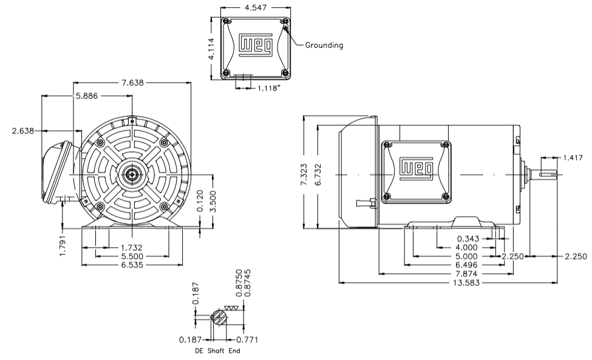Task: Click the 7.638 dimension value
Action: [134, 83]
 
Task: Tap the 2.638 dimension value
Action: [24, 130]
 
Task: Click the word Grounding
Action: [324, 45]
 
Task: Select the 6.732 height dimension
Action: [324, 175]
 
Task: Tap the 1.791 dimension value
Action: [63, 243]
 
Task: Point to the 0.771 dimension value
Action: [247, 339]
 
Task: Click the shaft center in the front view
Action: [132, 175]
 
